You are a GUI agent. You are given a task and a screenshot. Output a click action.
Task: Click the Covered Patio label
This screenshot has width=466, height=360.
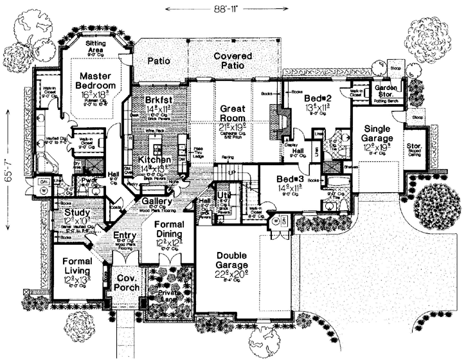(234, 61)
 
